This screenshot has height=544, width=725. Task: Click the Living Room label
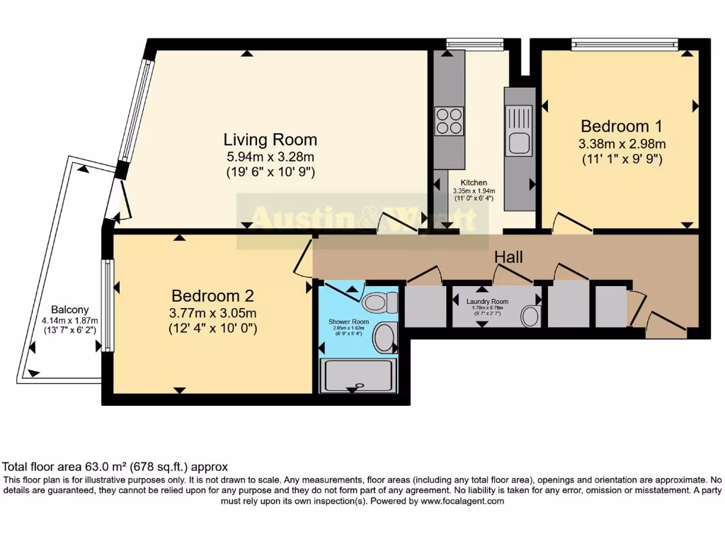pyautogui.click(x=270, y=140)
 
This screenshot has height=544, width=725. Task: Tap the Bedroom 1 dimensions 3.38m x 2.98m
pyautogui.click(x=622, y=144)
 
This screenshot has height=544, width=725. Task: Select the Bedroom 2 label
pyautogui.click(x=212, y=295)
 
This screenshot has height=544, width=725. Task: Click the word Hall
pyautogui.click(x=508, y=256)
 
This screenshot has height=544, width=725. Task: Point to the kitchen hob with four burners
pyautogui.click(x=449, y=120)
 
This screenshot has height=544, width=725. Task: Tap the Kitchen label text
pyautogui.click(x=474, y=183)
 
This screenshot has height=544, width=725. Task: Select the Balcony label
pyautogui.click(x=70, y=310)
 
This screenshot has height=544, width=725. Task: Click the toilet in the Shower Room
pyautogui.click(x=379, y=304)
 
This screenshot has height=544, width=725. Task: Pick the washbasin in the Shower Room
pyautogui.click(x=386, y=337)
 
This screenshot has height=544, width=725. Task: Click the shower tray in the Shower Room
pyautogui.click(x=358, y=375)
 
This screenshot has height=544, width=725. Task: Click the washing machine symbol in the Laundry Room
pyautogui.click(x=530, y=316)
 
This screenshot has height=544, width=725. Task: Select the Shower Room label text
pyautogui.click(x=345, y=321)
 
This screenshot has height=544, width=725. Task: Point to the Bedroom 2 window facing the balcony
pyautogui.click(x=107, y=306)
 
